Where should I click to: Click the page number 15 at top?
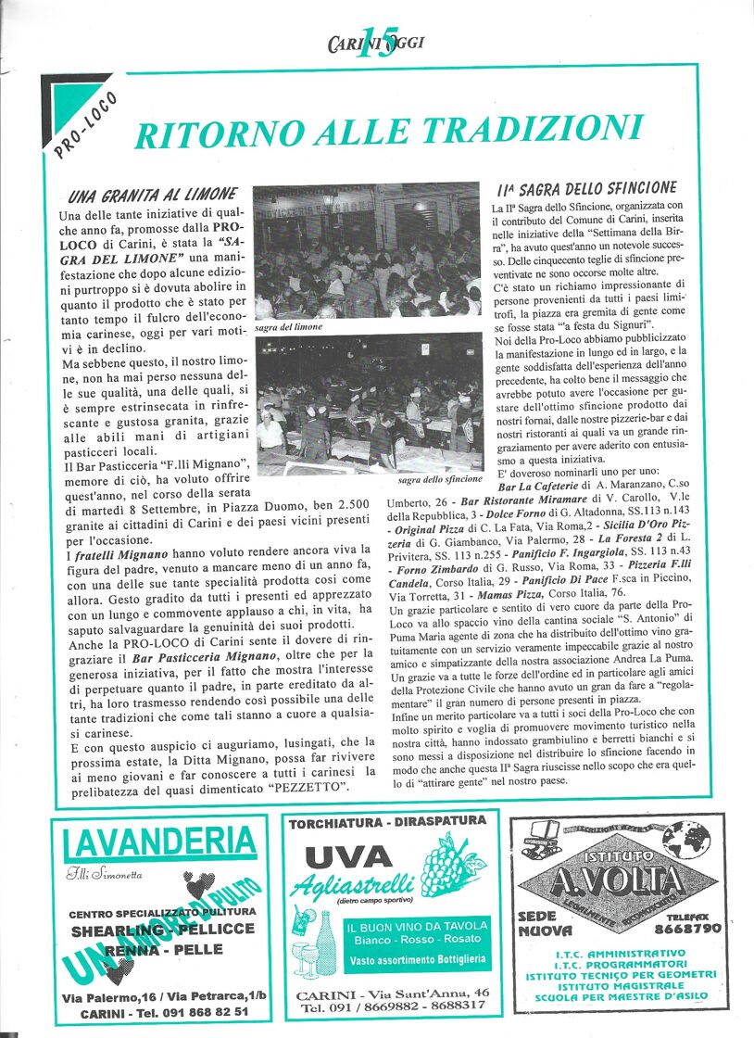(376, 43)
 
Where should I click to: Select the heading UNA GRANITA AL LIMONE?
(150, 196)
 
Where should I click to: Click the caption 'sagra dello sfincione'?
(440, 479)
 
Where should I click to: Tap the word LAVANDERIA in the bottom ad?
(160, 843)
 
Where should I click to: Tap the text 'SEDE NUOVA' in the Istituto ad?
(546, 923)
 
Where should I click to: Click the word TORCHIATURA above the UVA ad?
(339, 821)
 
